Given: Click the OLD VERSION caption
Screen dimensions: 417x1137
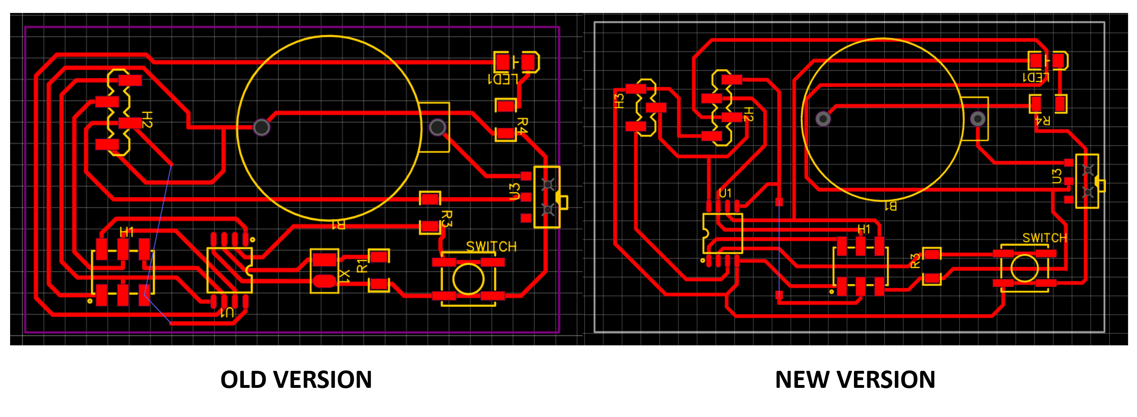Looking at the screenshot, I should pyautogui.click(x=296, y=379).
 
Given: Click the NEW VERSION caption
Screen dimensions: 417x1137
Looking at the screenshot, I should pyautogui.click(x=855, y=379).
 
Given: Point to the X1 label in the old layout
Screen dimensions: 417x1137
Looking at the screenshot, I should pyautogui.click(x=345, y=276).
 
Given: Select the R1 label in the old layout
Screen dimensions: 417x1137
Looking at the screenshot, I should pyautogui.click(x=361, y=266).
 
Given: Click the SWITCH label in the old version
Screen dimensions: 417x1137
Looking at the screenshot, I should pyautogui.click(x=491, y=247).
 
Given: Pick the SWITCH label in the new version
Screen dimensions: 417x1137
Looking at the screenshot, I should pyautogui.click(x=1044, y=238).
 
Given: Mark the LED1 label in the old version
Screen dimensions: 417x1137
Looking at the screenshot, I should pyautogui.click(x=503, y=79).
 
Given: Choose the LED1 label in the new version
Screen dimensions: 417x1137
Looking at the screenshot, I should pyautogui.click(x=1036, y=78).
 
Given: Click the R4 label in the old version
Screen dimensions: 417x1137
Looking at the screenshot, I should pyautogui.click(x=522, y=125).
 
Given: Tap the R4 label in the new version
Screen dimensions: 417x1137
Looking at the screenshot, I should pyautogui.click(x=1042, y=120).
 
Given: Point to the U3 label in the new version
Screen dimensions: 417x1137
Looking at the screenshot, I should pyautogui.click(x=1056, y=176).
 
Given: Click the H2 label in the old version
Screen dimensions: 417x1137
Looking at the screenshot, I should pyautogui.click(x=147, y=119).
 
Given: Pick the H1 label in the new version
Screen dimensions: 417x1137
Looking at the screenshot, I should pyautogui.click(x=863, y=229).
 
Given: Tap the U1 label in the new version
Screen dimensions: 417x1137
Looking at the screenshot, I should pyautogui.click(x=725, y=193).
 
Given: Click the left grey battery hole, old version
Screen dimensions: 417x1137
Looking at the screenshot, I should pyautogui.click(x=261, y=127).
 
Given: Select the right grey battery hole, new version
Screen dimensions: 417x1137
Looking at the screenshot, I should pyautogui.click(x=978, y=119).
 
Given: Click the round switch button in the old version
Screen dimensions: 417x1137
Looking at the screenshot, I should pyautogui.click(x=468, y=279).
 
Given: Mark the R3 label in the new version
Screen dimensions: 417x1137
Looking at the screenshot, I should pyautogui.click(x=915, y=260).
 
